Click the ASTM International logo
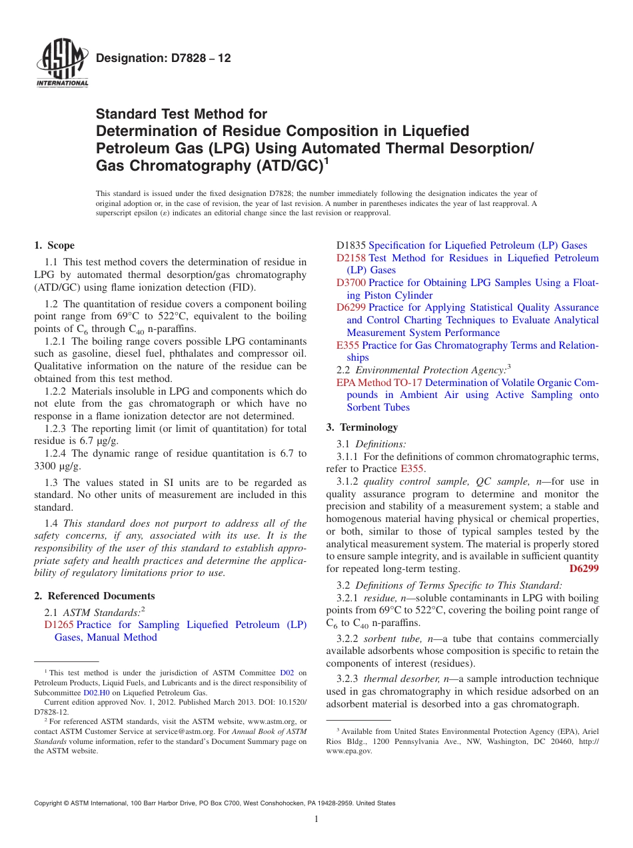pyautogui.click(x=61, y=63)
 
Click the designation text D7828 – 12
pyautogui.click(x=163, y=59)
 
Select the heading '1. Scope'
pyautogui.click(x=55, y=245)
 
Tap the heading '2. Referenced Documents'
pyautogui.click(x=95, y=596)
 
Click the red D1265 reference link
pyautogui.click(x=59, y=625)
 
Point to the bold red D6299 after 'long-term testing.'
pyautogui.click(x=584, y=569)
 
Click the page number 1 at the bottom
pyautogui.click(x=316, y=819)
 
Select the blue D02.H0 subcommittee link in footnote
pyautogui.click(x=96, y=693)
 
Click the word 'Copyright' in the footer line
pyautogui.click(x=51, y=803)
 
